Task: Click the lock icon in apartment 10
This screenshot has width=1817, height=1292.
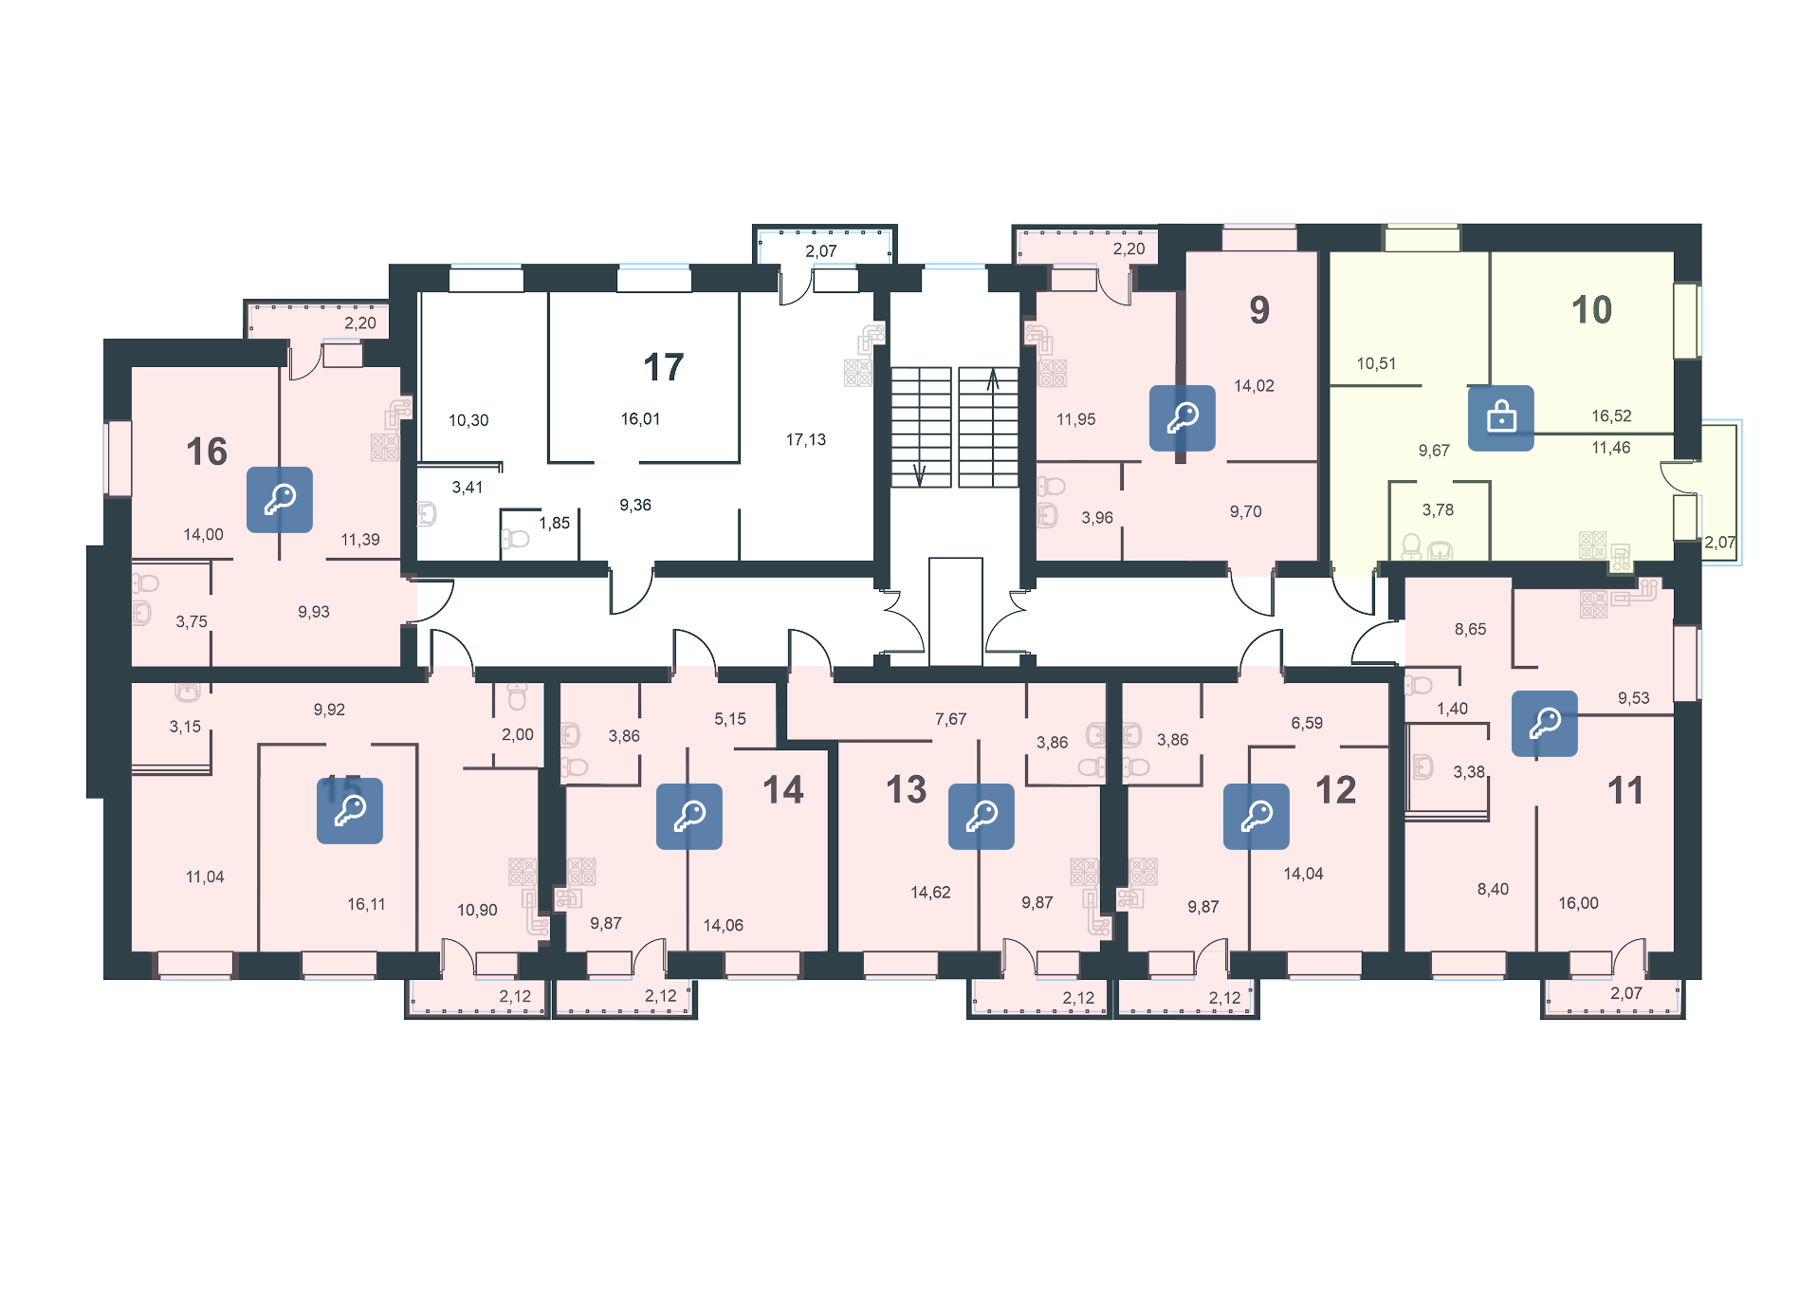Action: coord(1501,417)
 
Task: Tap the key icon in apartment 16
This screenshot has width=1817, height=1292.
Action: coord(280,499)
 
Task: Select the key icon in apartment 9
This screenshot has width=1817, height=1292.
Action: coord(1183,417)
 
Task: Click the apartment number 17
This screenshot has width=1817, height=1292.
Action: coord(663,367)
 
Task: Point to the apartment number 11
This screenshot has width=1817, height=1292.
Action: coord(1624,790)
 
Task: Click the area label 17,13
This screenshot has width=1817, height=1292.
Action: coord(805,439)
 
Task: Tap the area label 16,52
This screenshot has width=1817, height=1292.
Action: coord(1611,415)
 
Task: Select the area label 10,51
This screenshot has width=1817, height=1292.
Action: coord(1376,363)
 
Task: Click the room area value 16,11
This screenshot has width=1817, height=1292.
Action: coord(366,904)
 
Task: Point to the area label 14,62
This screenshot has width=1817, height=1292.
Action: coord(930,892)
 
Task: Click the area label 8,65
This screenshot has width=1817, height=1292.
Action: coord(1470,629)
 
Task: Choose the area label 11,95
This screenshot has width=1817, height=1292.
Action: coord(1075,418)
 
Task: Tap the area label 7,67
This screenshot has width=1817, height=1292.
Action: coord(950,719)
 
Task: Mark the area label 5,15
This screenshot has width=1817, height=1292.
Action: coord(730,719)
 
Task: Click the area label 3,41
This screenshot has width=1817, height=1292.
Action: coord(468,488)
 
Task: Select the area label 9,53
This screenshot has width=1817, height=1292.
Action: coord(1633,697)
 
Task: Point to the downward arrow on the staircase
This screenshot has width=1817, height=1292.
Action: coord(919,473)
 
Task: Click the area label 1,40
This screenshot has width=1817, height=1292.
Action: coord(1452,709)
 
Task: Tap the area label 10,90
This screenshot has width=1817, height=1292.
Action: coord(477,910)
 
